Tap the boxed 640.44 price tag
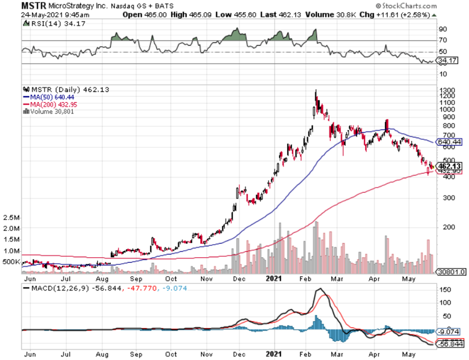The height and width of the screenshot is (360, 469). tap(449, 142)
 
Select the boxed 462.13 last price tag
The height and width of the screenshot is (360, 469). tap(449, 165)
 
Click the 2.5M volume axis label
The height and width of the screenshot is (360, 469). tap(11, 218)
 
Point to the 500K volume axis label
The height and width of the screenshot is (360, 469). tap(11, 262)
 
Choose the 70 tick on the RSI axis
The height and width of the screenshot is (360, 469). tap(443, 40)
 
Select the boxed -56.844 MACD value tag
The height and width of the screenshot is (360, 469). tap(449, 344)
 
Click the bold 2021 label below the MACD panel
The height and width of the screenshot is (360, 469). tap(274, 354)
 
